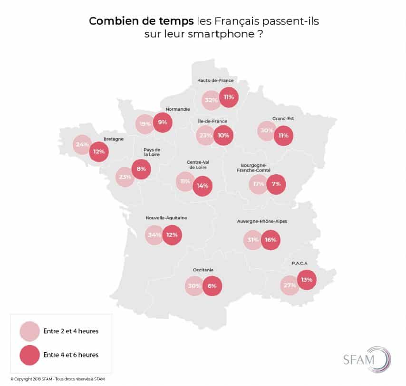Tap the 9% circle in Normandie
[163, 122]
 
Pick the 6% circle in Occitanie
[212, 286]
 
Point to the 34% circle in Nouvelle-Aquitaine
[155, 235]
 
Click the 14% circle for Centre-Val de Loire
[202, 186]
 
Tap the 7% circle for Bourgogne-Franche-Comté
[276, 184]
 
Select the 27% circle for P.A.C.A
[290, 285]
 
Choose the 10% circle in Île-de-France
[223, 135]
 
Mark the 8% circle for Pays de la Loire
[141, 169]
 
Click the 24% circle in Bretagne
[82, 145]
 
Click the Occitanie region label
[203, 270]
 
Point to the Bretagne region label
[114, 139]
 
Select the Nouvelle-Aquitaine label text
[166, 218]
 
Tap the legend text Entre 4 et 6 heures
[71, 354]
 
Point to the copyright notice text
[58, 378]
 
